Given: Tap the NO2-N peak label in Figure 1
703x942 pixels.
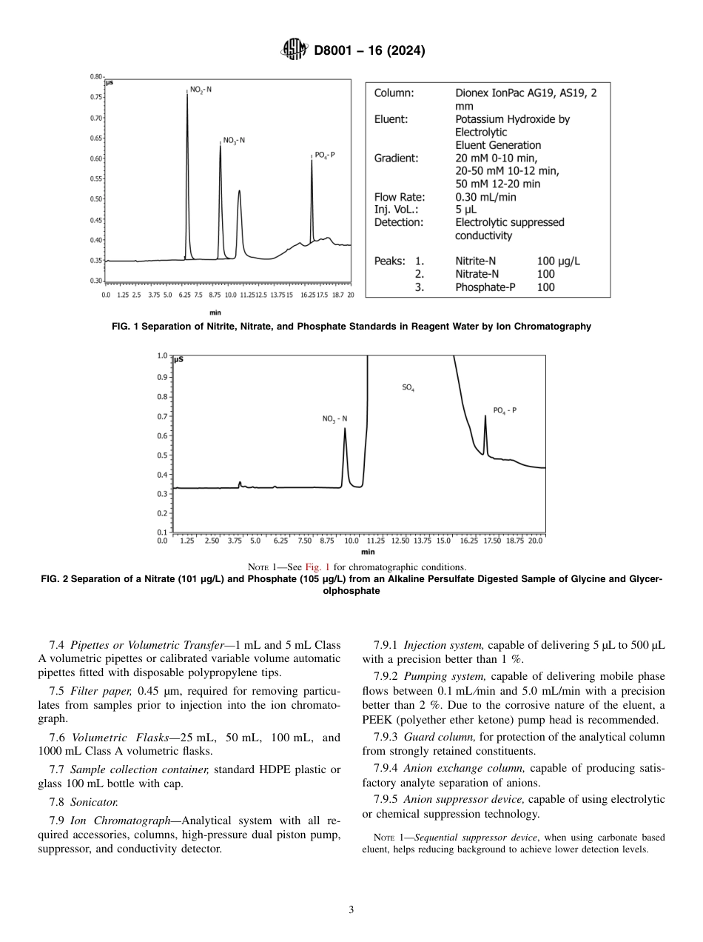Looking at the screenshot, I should pos(200,90).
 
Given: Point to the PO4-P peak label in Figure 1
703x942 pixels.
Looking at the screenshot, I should pos(324,156).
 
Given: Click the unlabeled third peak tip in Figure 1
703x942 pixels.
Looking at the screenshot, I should pos(239,191).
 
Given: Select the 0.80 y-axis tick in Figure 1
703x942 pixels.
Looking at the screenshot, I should pos(96,77).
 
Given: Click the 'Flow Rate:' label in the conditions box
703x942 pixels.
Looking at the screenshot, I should pos(399,198).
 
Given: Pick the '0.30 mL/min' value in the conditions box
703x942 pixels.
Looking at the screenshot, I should pos(485,198).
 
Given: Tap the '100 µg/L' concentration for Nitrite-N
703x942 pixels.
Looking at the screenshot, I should pos(558,261).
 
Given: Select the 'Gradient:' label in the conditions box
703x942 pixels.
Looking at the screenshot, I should pos(396,158).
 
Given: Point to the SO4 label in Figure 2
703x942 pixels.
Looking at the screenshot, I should pos(408,387).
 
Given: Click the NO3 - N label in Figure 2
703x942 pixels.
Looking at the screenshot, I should pos(334,419).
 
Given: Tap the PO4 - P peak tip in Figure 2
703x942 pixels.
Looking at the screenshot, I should pos(485,417).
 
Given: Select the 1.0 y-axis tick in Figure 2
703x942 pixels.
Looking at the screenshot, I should pos(162,356).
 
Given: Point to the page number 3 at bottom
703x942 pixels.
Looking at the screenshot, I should pos(351,910).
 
